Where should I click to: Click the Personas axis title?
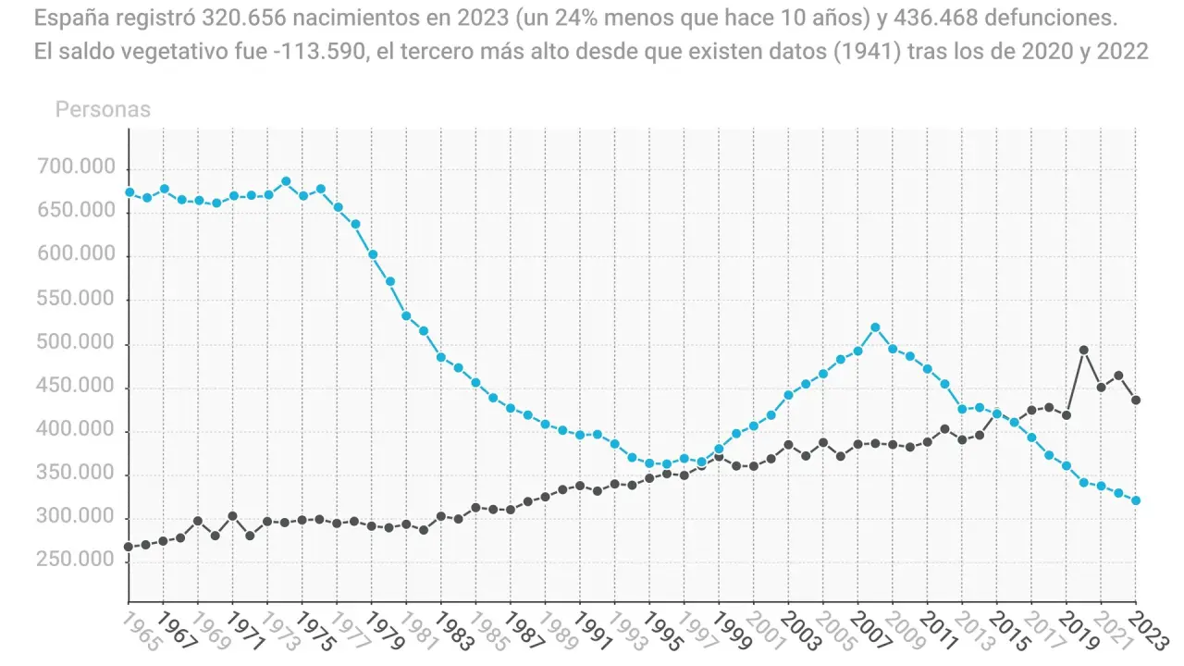click(x=103, y=109)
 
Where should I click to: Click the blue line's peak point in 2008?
click(x=875, y=327)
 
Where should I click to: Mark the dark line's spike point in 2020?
click(x=1083, y=351)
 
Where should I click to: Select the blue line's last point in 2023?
click(x=1136, y=500)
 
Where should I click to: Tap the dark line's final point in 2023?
click(x=1136, y=400)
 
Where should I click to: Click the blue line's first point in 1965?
click(x=129, y=192)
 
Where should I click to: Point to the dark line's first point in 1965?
click(x=129, y=547)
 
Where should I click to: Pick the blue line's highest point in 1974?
click(x=286, y=181)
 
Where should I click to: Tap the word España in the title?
click(x=68, y=18)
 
